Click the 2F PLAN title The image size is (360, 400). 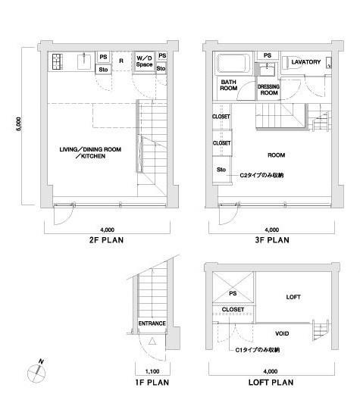click(x=106, y=240)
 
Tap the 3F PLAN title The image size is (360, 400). click(x=272, y=240)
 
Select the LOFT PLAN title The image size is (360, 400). click(x=271, y=383)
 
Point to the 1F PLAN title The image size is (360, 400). click(x=152, y=383)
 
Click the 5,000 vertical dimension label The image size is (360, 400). click(x=19, y=124)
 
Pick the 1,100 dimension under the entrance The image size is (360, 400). click(x=152, y=371)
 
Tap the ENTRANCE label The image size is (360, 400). click(x=152, y=323)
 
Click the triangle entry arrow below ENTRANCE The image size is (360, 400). click(x=152, y=342)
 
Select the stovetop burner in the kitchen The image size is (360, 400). click(x=58, y=62)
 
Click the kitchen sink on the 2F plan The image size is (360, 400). click(x=84, y=61)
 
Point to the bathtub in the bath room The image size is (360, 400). click(x=233, y=64)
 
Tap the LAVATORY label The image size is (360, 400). click(x=306, y=62)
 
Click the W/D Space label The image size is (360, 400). click(x=145, y=61)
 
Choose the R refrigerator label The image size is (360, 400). click(x=121, y=61)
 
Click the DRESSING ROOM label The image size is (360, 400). click(x=268, y=90)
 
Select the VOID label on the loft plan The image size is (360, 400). click(x=282, y=333)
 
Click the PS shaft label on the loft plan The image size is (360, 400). click(x=233, y=294)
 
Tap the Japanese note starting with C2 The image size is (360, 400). click(x=261, y=175)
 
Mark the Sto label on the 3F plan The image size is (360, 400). click(x=221, y=170)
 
